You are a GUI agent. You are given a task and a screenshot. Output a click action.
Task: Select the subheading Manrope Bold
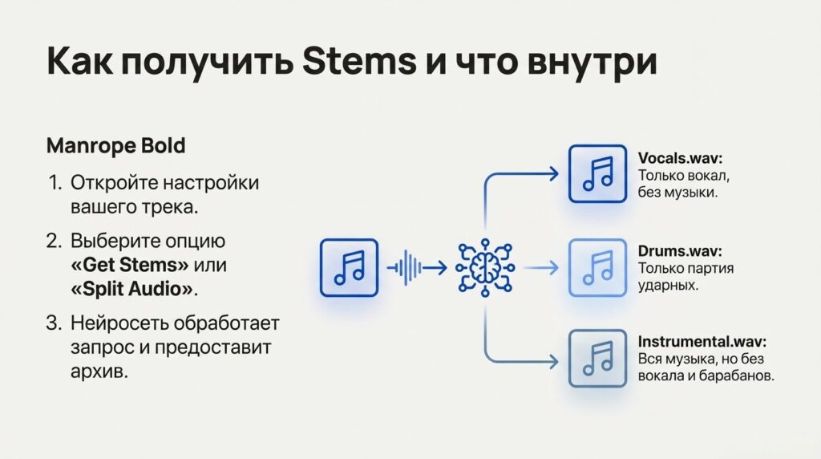(x=116, y=147)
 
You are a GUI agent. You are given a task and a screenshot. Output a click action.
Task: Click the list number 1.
(x=55, y=182)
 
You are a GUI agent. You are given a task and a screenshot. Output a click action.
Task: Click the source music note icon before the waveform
(x=349, y=268)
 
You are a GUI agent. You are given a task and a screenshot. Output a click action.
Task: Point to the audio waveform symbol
(x=406, y=268)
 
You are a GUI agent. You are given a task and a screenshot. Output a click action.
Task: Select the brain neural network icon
(x=486, y=268)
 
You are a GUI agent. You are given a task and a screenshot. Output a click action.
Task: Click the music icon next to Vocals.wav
(x=597, y=173)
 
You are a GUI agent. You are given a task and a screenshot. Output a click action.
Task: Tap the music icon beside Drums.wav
(x=597, y=268)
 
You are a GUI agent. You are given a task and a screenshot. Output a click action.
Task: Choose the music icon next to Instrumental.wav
(x=597, y=359)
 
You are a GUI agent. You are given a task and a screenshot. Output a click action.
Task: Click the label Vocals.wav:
(x=680, y=157)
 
